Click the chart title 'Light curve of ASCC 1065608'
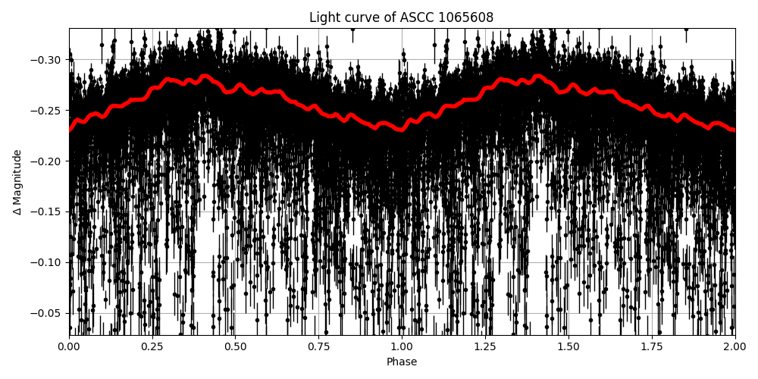(401, 17)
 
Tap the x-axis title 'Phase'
(402, 362)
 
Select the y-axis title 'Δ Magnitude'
(17, 182)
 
